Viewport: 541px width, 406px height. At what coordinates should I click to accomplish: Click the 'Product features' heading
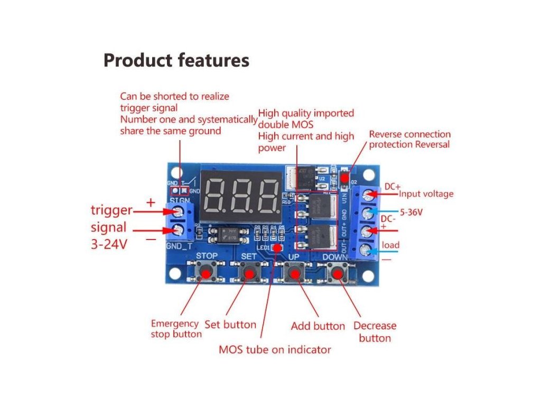(176, 61)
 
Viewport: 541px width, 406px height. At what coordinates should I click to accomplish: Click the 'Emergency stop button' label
(176, 329)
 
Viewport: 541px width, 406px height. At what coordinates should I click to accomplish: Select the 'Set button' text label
(230, 325)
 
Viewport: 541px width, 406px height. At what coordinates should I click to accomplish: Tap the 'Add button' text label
(318, 326)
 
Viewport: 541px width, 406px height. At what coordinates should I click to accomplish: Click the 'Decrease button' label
(375, 332)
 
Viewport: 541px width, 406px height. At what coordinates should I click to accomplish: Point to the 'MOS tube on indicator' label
(275, 349)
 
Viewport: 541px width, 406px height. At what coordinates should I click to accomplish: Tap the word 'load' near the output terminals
(391, 245)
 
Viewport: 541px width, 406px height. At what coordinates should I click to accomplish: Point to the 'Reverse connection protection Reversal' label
(410, 140)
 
